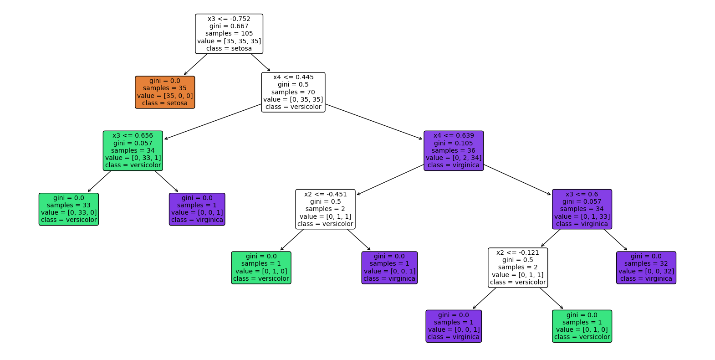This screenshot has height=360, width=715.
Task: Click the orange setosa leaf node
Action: pyautogui.click(x=165, y=92)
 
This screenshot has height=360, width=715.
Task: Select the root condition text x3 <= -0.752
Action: pyautogui.click(x=229, y=19)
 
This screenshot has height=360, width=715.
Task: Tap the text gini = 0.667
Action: pyautogui.click(x=229, y=26)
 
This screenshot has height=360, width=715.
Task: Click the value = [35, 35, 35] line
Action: pyautogui.click(x=229, y=41)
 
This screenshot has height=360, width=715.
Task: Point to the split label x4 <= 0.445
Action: pyautogui.click(x=293, y=77)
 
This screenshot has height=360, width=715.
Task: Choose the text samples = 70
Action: pyautogui.click(x=293, y=92)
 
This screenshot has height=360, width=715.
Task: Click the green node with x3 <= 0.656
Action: pyautogui.click(x=133, y=150)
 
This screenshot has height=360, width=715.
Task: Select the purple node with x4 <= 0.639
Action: pyautogui.click(x=454, y=150)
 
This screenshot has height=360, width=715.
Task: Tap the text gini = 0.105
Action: pyautogui.click(x=454, y=143)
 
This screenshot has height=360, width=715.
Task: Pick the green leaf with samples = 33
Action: pyautogui.click(x=69, y=209)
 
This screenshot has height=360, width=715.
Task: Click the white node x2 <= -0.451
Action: pyautogui.click(x=325, y=209)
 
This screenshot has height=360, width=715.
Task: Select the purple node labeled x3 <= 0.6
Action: pyautogui.click(x=582, y=209)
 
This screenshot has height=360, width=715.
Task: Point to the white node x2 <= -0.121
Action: pyautogui.click(x=518, y=267)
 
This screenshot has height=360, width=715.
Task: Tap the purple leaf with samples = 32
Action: pyautogui.click(x=646, y=267)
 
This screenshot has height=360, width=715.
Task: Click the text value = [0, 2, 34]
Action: pyautogui.click(x=454, y=158)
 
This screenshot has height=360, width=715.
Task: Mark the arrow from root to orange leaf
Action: pyautogui.click(x=196, y=64)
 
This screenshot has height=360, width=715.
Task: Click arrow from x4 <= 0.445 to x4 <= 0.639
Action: pyautogui.click(x=374, y=122)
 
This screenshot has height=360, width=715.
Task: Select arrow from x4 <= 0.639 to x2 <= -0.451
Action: pyautogui.click(x=390, y=180)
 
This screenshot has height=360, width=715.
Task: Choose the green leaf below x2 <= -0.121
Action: pyautogui.click(x=582, y=326)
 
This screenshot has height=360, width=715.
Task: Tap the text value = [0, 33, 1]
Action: pyautogui.click(x=133, y=158)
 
